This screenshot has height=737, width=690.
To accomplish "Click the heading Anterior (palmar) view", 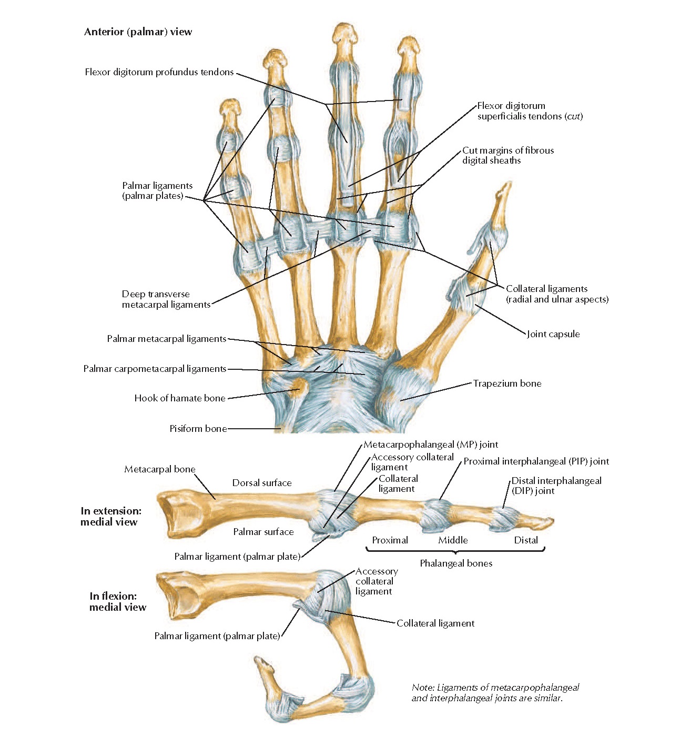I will click(x=138, y=32).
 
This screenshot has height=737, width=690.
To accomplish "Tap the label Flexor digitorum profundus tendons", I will click(x=159, y=72).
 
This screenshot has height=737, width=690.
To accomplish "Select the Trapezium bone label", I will click(x=507, y=383).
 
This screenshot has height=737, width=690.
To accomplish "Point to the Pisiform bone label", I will click(x=198, y=429).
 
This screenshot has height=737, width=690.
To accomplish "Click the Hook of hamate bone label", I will click(x=179, y=398).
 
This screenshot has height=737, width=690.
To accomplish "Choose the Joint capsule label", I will click(x=553, y=334).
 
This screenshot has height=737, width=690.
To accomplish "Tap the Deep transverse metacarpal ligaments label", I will click(x=166, y=299).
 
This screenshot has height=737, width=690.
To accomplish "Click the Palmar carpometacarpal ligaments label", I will click(x=155, y=369).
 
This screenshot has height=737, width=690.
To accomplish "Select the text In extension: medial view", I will click(x=110, y=517).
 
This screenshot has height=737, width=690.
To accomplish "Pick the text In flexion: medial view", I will click(x=117, y=601).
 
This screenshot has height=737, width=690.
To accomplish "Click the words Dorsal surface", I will click(x=262, y=483).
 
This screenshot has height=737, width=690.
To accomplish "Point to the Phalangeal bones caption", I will click(x=456, y=563).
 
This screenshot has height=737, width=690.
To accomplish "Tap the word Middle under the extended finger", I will click(x=453, y=540).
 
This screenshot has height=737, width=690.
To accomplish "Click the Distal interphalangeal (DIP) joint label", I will click(x=556, y=486).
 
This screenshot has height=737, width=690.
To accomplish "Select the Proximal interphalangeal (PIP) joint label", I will click(x=536, y=461).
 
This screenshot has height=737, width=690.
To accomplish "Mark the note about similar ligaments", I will click(x=495, y=693).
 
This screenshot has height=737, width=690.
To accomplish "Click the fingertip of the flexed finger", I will click(x=259, y=660).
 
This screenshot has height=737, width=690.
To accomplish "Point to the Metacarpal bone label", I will click(x=159, y=469).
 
